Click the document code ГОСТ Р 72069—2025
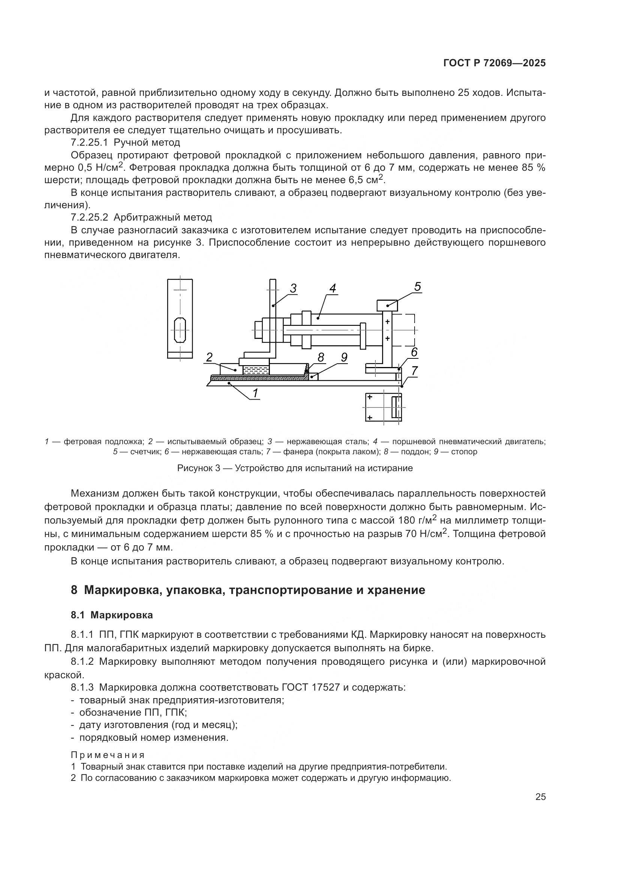tap(494, 63)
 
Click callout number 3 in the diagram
tap(293, 288)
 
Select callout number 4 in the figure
tap(332, 288)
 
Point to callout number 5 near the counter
tap(417, 287)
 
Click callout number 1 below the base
tap(255, 392)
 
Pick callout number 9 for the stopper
tap(344, 358)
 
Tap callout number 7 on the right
tap(415, 370)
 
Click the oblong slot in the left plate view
tap(180, 330)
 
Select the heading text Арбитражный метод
tap(163, 218)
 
